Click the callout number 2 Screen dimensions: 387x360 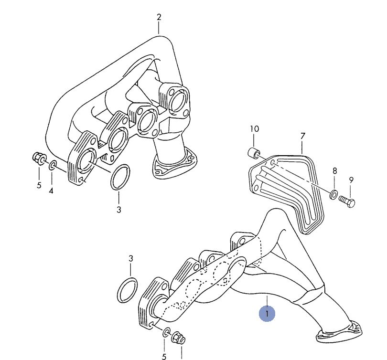pos(159,17)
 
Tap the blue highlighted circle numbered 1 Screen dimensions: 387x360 pos(267,314)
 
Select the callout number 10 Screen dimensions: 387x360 pos(255,129)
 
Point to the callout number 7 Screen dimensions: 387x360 pos(303,136)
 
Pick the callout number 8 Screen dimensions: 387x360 pos(334,170)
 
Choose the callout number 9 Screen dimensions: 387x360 pos(351,180)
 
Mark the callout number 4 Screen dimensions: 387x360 pos(51,191)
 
